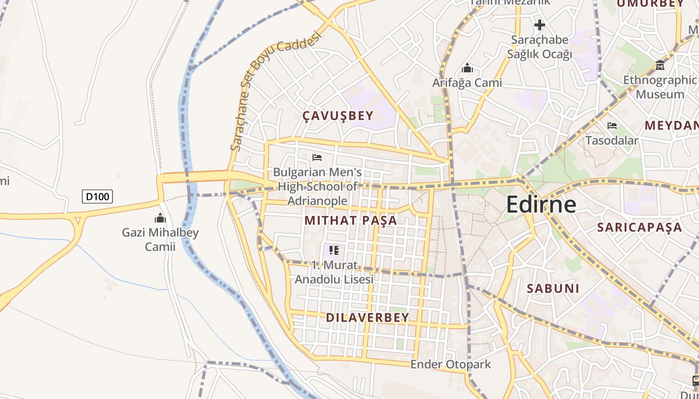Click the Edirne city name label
click(541, 204)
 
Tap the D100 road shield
click(97, 197)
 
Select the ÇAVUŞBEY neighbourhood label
click(338, 116)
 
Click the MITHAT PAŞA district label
click(351, 220)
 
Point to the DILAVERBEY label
click(367, 317)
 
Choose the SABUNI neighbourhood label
click(553, 288)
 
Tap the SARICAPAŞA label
click(640, 227)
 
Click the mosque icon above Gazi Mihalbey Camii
click(160, 218)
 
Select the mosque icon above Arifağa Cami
click(467, 67)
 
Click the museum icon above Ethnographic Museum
click(660, 65)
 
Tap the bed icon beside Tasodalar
click(612, 126)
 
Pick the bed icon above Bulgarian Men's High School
click(317, 158)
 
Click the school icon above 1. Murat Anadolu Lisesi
click(334, 250)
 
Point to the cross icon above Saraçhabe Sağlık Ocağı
click(539, 24)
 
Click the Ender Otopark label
click(451, 365)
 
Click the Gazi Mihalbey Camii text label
click(160, 239)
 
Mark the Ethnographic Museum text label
click(660, 87)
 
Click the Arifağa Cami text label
click(467, 83)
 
